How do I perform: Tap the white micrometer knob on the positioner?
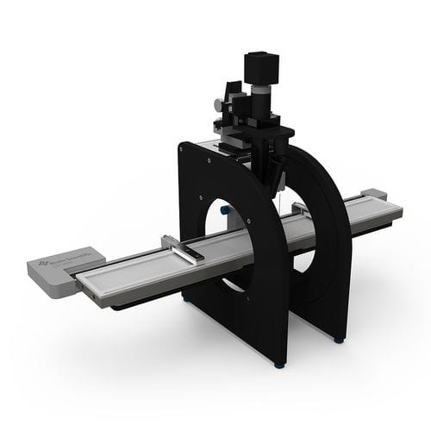[218, 104]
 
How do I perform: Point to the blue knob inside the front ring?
[223, 209]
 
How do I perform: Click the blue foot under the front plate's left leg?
[187, 301]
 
